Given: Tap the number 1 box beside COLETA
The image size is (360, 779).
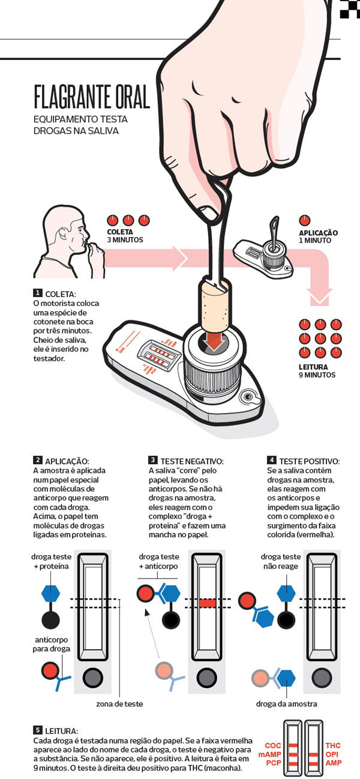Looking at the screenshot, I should (38, 293).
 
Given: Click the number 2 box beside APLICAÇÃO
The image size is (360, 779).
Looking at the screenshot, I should (38, 460).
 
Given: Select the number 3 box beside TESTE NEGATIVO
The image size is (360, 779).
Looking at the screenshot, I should (153, 460).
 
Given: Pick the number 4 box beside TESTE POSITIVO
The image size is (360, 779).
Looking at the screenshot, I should (272, 460).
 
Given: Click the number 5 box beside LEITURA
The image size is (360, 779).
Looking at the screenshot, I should (38, 730).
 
